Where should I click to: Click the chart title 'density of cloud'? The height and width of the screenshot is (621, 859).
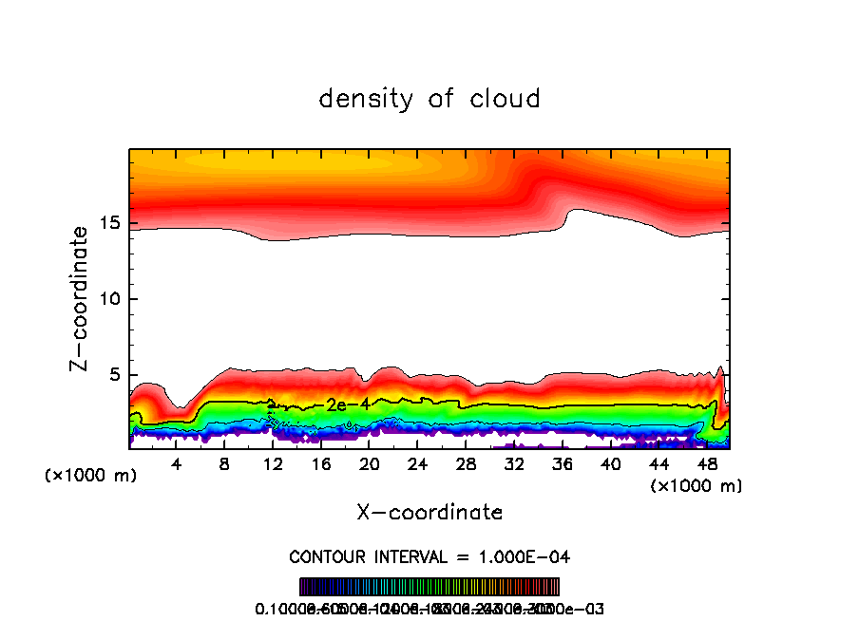tap(429, 99)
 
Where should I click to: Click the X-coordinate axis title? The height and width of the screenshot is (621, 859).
tap(429, 512)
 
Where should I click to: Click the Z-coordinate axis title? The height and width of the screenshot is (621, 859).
tap(82, 298)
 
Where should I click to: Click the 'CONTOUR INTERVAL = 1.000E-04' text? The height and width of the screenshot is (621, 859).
tap(429, 556)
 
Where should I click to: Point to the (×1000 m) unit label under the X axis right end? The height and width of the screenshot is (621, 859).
tap(697, 486)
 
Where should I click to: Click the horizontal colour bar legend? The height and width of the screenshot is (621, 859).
tap(429, 587)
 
